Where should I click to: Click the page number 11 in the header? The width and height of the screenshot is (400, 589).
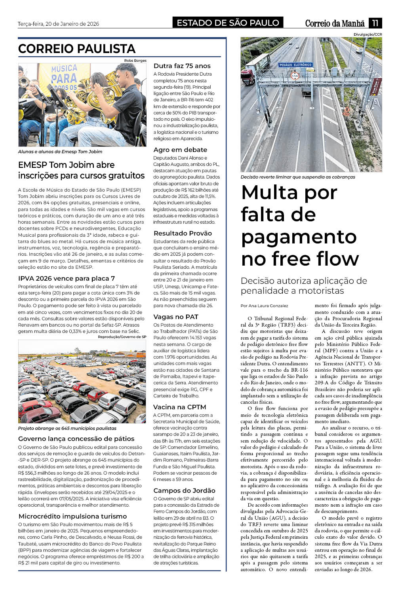pos(375,23)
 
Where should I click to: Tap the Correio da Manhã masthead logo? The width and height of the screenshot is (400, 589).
pos(335,23)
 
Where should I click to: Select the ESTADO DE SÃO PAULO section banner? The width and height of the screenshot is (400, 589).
pos(228,23)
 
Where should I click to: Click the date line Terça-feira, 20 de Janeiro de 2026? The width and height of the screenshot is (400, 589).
pos(58,24)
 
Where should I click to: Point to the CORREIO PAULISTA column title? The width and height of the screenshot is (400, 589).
pos(77,49)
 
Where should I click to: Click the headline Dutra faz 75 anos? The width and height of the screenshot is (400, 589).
pos(182,66)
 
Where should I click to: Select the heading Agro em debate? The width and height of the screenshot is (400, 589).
pos(180,150)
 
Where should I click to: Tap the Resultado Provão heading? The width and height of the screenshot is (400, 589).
pos(183,233)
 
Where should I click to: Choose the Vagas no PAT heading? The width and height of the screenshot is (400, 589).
pos(175,317)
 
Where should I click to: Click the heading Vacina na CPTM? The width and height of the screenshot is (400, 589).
pos(179,407)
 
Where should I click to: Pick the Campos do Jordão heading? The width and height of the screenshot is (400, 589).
pos(184,490)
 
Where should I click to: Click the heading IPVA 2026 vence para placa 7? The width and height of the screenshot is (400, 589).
pos(67,278)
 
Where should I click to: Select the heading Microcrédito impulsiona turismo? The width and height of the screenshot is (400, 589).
pos(72,516)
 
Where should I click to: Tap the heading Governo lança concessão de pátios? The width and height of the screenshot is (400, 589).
pos(76,439)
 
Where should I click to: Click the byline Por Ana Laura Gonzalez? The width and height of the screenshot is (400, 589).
pos(264,306)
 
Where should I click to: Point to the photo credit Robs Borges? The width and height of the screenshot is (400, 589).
pos(135,61)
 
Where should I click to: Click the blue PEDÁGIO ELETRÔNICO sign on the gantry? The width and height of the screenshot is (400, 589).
pos(295,65)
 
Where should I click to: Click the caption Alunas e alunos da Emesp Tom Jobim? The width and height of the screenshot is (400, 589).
pos(60,152)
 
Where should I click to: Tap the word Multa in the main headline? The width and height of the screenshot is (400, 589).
pos(270,193)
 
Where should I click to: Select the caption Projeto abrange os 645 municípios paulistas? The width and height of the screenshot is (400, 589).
pos(67,428)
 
